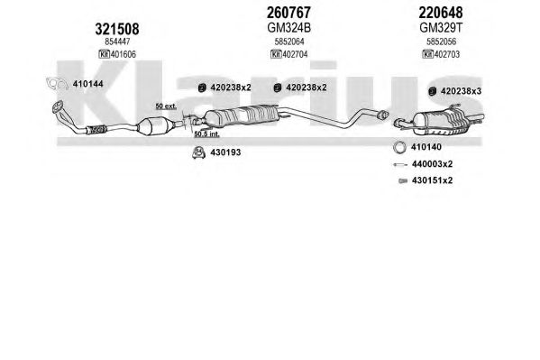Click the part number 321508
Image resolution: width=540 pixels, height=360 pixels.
[x=117, y=29]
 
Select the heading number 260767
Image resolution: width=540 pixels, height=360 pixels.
[x=288, y=13]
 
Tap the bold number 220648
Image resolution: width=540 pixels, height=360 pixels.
[x=441, y=13]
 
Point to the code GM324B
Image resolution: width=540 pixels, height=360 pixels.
[x=288, y=28]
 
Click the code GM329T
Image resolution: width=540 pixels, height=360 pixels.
[x=441, y=28]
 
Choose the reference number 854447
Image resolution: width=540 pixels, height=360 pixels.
[x=117, y=42]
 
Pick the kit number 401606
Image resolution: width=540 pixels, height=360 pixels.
[x=124, y=54]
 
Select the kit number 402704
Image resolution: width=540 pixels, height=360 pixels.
[x=295, y=54]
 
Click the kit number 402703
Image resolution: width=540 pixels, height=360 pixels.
[x=447, y=54]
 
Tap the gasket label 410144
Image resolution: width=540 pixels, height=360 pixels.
[x=87, y=84]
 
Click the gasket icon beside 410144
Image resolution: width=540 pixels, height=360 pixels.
[x=57, y=84]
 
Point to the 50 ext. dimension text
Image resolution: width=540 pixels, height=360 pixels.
[x=166, y=106]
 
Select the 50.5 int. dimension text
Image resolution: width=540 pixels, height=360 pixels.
[x=206, y=134]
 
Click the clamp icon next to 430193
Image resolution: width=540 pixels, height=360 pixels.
[x=198, y=152]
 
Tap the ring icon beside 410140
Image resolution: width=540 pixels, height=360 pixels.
[x=399, y=147]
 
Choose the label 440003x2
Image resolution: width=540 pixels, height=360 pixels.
[x=432, y=164]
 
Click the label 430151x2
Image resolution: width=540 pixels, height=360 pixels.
[x=432, y=180]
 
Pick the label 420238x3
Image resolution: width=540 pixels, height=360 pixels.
[x=462, y=91]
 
